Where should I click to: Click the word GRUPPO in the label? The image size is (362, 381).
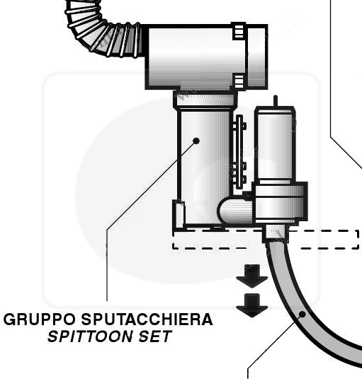[x=40, y=320]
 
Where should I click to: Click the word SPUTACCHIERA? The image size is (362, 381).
[x=147, y=320]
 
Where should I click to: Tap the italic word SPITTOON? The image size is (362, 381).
[x=89, y=336]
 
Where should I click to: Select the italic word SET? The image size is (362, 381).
[x=155, y=336]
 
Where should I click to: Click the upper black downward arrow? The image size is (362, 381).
[x=251, y=276]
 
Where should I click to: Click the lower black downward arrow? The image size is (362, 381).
[x=251, y=305]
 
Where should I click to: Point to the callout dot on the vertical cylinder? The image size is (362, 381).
[x=196, y=141]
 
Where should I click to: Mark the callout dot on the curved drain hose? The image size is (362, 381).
[x=302, y=314]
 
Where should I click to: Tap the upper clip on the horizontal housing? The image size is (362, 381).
[x=239, y=30]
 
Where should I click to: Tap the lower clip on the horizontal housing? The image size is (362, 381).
[x=239, y=81]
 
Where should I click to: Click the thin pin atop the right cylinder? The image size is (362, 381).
[x=276, y=101]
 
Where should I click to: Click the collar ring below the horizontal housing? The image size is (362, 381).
[x=205, y=99]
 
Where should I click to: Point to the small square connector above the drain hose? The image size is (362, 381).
[x=276, y=233]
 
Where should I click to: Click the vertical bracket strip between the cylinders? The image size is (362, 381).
[x=239, y=152]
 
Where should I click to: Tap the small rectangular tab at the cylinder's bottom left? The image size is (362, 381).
[x=179, y=214]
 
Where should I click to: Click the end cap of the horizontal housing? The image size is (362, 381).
[x=258, y=57]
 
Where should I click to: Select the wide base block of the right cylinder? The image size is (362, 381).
[x=280, y=202]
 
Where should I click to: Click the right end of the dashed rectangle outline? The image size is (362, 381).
[x=358, y=240]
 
